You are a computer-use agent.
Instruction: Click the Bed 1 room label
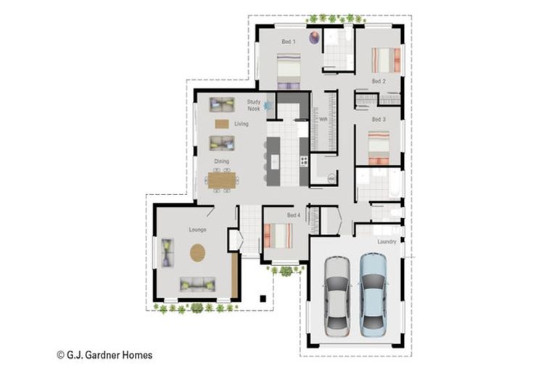pyautogui.click(x=289, y=41)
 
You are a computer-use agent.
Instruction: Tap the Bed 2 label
pyautogui.click(x=379, y=81)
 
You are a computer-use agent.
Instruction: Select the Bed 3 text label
pyautogui.click(x=379, y=120)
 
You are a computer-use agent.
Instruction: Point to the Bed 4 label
pyautogui.click(x=294, y=215)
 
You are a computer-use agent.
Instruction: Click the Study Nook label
pyautogui.click(x=254, y=106)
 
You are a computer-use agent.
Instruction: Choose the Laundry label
pyautogui.click(x=387, y=241)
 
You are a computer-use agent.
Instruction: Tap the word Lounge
pyautogui.click(x=197, y=230)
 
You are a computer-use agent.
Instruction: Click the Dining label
pyautogui.click(x=222, y=161)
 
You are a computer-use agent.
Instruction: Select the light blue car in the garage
pyautogui.click(x=373, y=294)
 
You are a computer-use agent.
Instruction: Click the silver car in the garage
pyautogui.click(x=337, y=296)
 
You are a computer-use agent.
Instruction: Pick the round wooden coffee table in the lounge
pyautogui.click(x=197, y=253)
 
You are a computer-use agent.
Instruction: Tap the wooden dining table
pyautogui.click(x=222, y=180)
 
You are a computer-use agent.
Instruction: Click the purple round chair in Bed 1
pyautogui.click(x=314, y=37)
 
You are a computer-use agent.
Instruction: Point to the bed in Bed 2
pyautogui.click(x=386, y=60)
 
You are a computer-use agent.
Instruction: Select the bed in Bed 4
pyautogui.click(x=278, y=235)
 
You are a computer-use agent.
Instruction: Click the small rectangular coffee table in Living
pyautogui.click(x=222, y=124)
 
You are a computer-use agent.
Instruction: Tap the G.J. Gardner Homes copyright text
pyautogui.click(x=104, y=354)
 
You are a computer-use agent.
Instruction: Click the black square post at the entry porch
pyautogui.click(x=263, y=299)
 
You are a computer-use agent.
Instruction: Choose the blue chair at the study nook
pyautogui.click(x=268, y=106)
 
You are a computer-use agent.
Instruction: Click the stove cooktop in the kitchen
pyautogui.click(x=304, y=161)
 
